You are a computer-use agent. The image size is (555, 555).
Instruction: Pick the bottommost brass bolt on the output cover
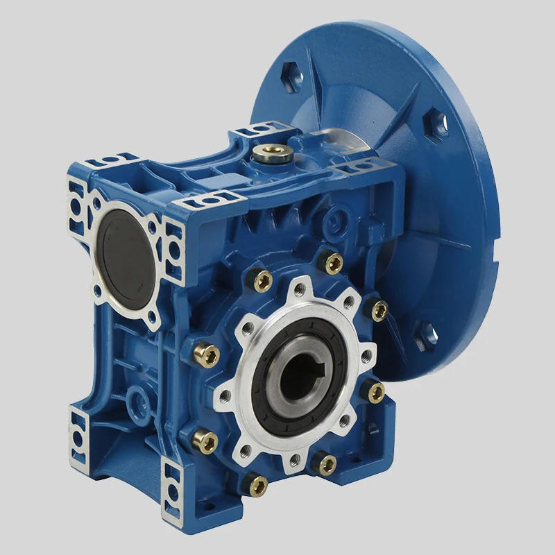258,484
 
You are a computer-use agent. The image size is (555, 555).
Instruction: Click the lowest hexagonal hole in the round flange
425,336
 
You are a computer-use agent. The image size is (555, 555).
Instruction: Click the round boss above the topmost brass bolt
339,221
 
